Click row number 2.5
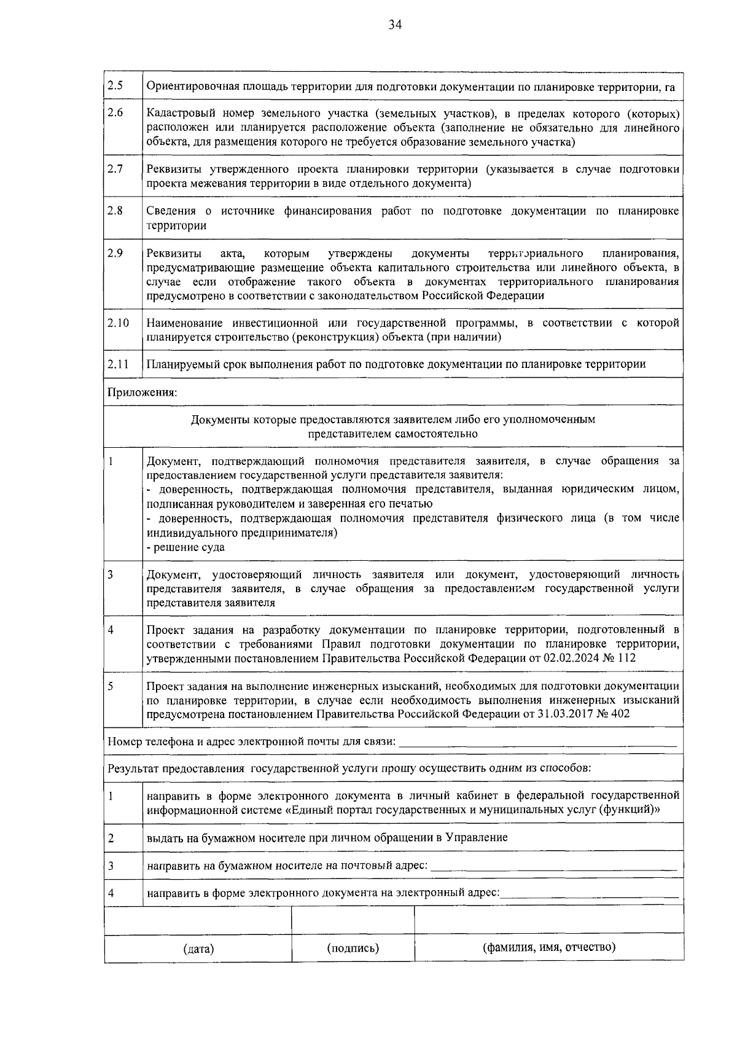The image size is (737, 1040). click(115, 85)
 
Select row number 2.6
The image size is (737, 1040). click(115, 114)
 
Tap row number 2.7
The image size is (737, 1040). click(115, 169)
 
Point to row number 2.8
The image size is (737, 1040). click(115, 211)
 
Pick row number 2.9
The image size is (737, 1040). click(115, 252)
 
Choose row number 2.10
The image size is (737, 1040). click(118, 323)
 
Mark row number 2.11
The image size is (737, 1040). click(118, 364)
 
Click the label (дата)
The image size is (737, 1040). click(198, 949)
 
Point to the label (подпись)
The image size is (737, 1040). click(353, 948)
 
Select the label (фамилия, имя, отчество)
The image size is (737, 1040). click(549, 947)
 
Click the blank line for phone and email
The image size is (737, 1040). click(537, 743)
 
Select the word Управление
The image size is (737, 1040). click(477, 837)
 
